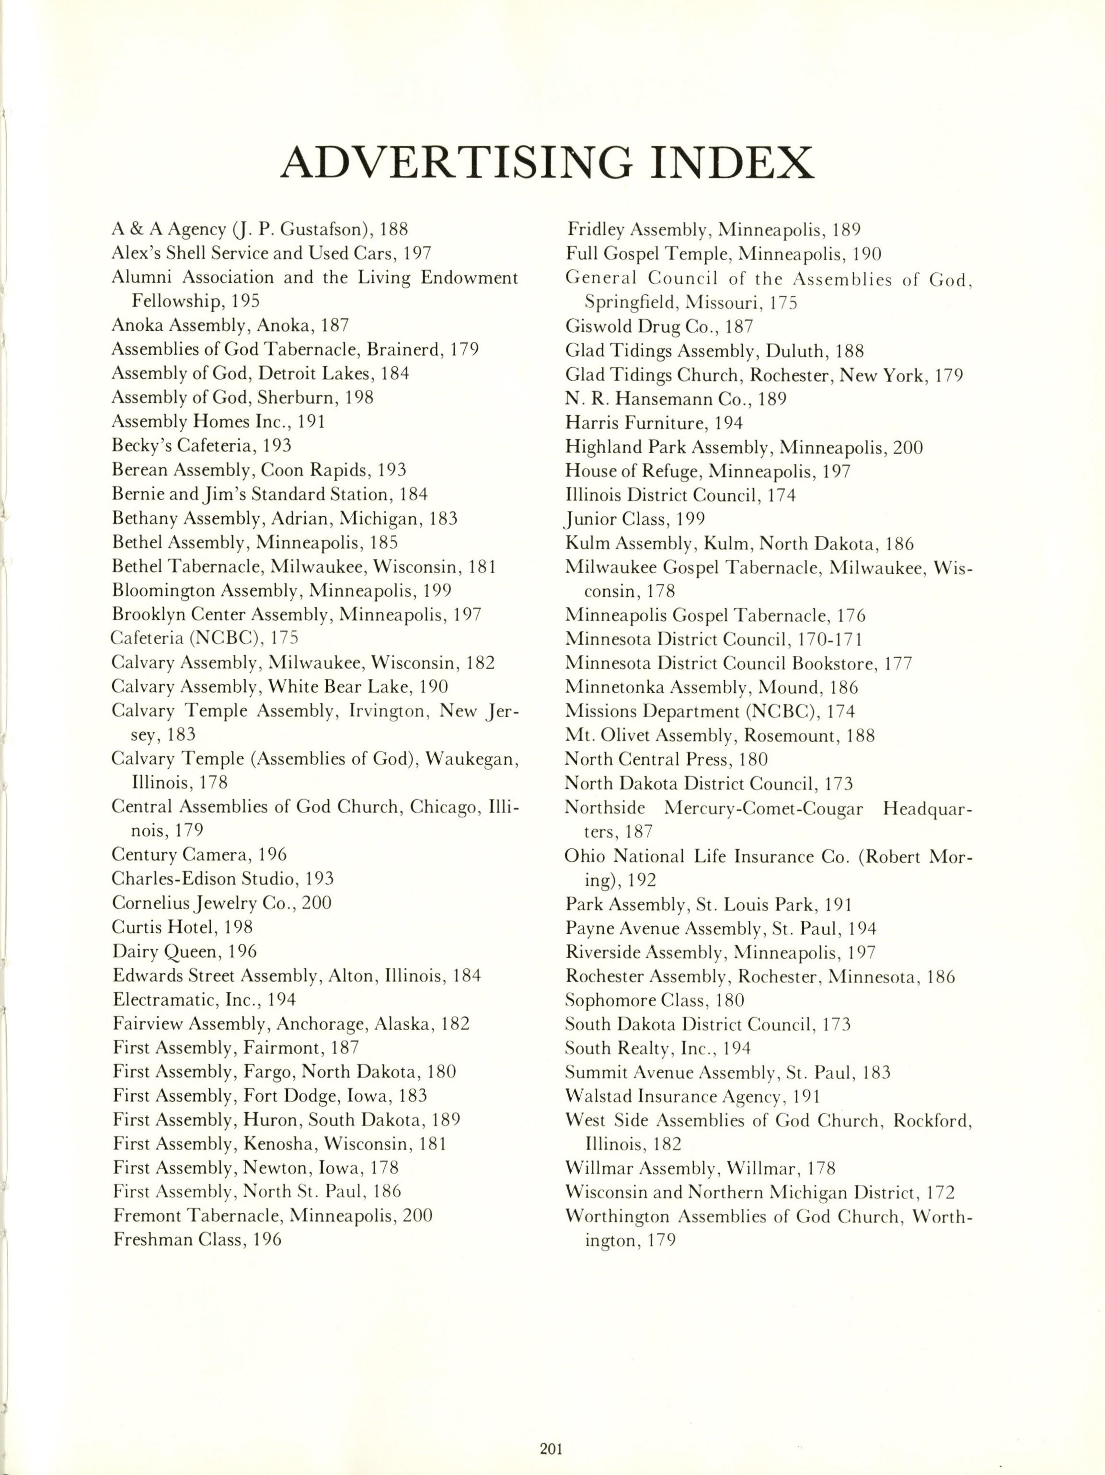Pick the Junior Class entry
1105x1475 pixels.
(x=635, y=519)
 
